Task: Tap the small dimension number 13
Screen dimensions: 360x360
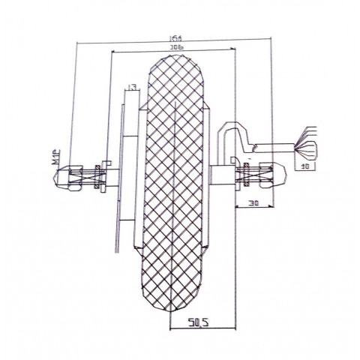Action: point(132,88)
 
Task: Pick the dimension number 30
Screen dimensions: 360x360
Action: point(252,203)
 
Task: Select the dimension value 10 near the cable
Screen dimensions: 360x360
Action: point(304,165)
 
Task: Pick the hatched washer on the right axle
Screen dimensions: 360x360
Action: point(247,177)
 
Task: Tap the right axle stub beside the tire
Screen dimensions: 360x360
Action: point(222,176)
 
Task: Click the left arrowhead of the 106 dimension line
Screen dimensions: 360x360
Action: point(112,52)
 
